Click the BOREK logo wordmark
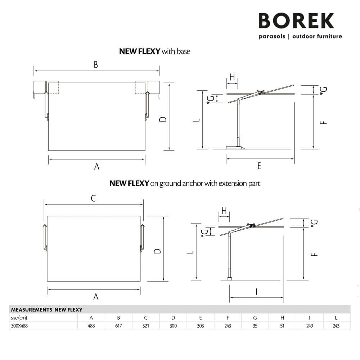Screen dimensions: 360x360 [296, 21]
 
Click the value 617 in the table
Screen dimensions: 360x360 [118, 325]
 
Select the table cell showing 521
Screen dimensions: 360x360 [146, 325]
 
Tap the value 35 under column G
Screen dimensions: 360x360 [255, 325]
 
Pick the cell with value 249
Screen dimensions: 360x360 [310, 325]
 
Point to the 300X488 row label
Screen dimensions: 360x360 [19, 325]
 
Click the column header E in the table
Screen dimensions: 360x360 [201, 318]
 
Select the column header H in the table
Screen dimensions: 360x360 [282, 318]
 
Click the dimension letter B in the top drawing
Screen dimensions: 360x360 [96, 64]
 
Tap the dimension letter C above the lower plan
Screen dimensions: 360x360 [93, 198]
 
